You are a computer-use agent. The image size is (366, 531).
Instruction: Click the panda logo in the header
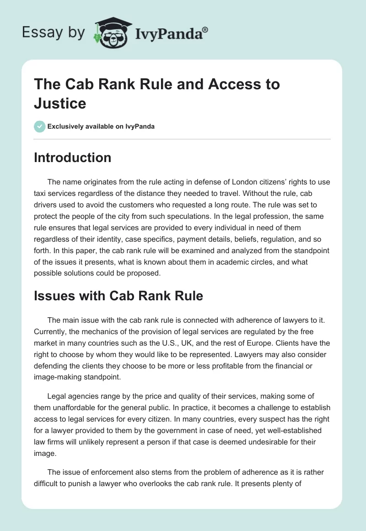click(112, 32)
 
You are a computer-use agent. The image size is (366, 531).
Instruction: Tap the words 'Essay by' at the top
click(54, 33)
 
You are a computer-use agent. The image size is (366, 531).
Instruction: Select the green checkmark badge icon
click(40, 126)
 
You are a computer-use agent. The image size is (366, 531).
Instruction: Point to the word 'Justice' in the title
click(60, 103)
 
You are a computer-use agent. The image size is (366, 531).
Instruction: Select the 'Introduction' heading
click(73, 157)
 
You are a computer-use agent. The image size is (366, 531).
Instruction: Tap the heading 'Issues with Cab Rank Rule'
click(118, 296)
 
